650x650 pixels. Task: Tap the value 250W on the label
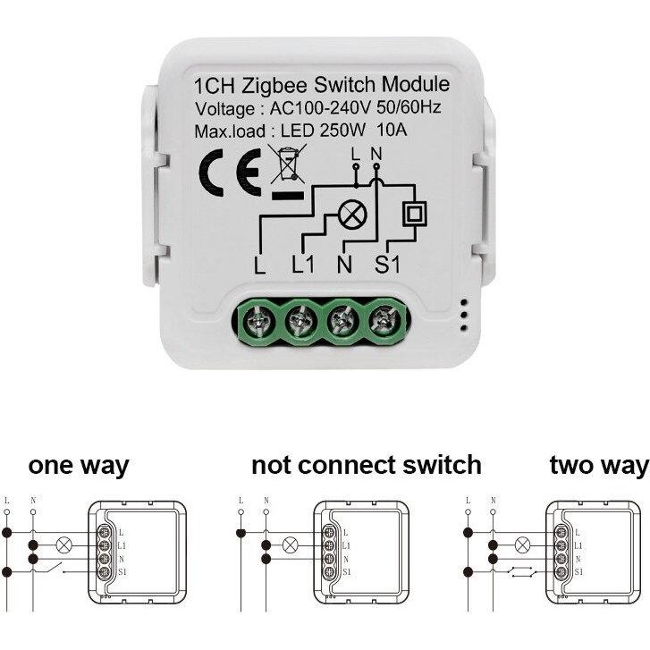pos(342,131)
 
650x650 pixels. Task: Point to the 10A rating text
pos(392,131)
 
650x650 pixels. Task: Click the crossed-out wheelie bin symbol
pos(287,165)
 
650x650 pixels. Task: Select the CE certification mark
pos(230,172)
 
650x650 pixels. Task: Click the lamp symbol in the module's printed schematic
pos(352,215)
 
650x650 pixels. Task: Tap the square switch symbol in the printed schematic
pos(415,214)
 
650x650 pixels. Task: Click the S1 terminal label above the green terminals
pos(388,265)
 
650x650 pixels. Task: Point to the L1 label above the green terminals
pos(303,265)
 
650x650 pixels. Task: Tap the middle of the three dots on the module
pos(464,316)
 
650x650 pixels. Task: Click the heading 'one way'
pos(79,466)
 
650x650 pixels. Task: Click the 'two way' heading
pos(599,466)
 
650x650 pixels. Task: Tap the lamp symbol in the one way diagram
pos(63,545)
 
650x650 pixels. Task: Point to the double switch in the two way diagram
pos(523,572)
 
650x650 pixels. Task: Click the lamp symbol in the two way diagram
pos(523,544)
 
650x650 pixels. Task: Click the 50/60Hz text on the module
pos(409,108)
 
